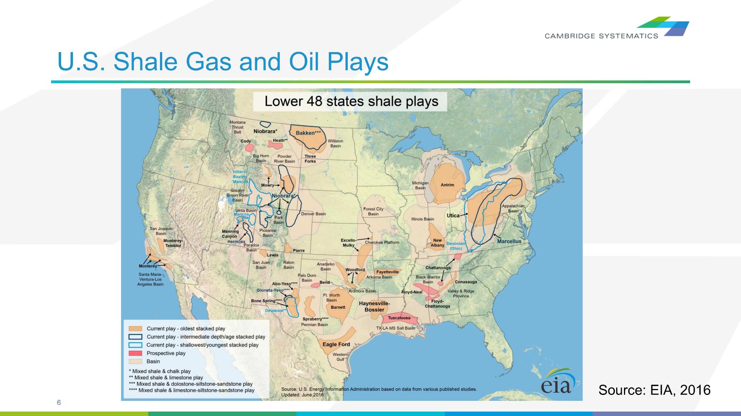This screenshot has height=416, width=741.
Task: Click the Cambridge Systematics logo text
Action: (x=601, y=36)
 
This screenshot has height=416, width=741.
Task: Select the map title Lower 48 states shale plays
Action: (x=351, y=101)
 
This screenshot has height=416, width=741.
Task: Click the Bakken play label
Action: (x=308, y=133)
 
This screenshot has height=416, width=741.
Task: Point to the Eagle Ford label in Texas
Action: (x=336, y=344)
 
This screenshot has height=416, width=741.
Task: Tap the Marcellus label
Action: (x=509, y=241)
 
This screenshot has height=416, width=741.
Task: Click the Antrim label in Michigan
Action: (x=447, y=185)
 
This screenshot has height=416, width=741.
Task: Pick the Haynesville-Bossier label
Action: (x=374, y=307)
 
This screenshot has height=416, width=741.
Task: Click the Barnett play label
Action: (x=338, y=307)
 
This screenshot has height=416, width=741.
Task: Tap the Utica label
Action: (x=453, y=215)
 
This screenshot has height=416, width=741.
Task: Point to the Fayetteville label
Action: (x=387, y=272)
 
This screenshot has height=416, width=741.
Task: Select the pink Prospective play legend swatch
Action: (x=135, y=353)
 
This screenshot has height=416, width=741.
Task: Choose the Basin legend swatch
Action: (x=135, y=361)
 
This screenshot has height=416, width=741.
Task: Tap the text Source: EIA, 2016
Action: (x=654, y=390)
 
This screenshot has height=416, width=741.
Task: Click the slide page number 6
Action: (x=59, y=402)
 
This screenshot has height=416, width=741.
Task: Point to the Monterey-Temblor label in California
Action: (x=173, y=243)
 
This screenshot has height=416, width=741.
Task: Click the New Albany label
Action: (x=437, y=243)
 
